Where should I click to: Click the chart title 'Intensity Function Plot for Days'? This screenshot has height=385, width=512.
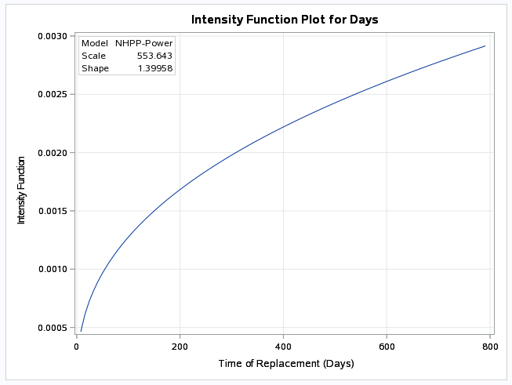(x=285, y=18)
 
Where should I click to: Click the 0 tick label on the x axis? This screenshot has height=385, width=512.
(x=76, y=346)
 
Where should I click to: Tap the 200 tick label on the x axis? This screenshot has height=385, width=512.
(x=180, y=346)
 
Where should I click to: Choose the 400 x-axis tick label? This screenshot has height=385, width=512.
(x=283, y=346)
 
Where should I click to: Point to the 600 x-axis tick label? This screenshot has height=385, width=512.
(x=387, y=346)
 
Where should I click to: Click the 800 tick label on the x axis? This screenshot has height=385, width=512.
(x=490, y=346)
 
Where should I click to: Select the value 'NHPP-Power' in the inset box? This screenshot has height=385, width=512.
(x=143, y=43)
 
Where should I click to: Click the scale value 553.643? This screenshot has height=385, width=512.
(x=154, y=56)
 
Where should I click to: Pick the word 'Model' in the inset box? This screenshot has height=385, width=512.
(x=94, y=43)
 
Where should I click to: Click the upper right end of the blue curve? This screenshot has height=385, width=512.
(x=485, y=46)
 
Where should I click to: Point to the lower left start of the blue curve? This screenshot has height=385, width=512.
(x=81, y=330)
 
